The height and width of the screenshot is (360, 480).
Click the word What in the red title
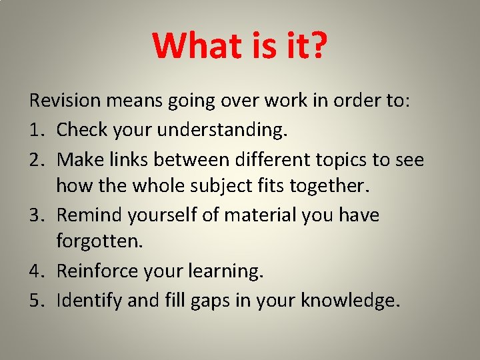[194, 45]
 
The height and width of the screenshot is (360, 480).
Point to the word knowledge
[349, 301]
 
